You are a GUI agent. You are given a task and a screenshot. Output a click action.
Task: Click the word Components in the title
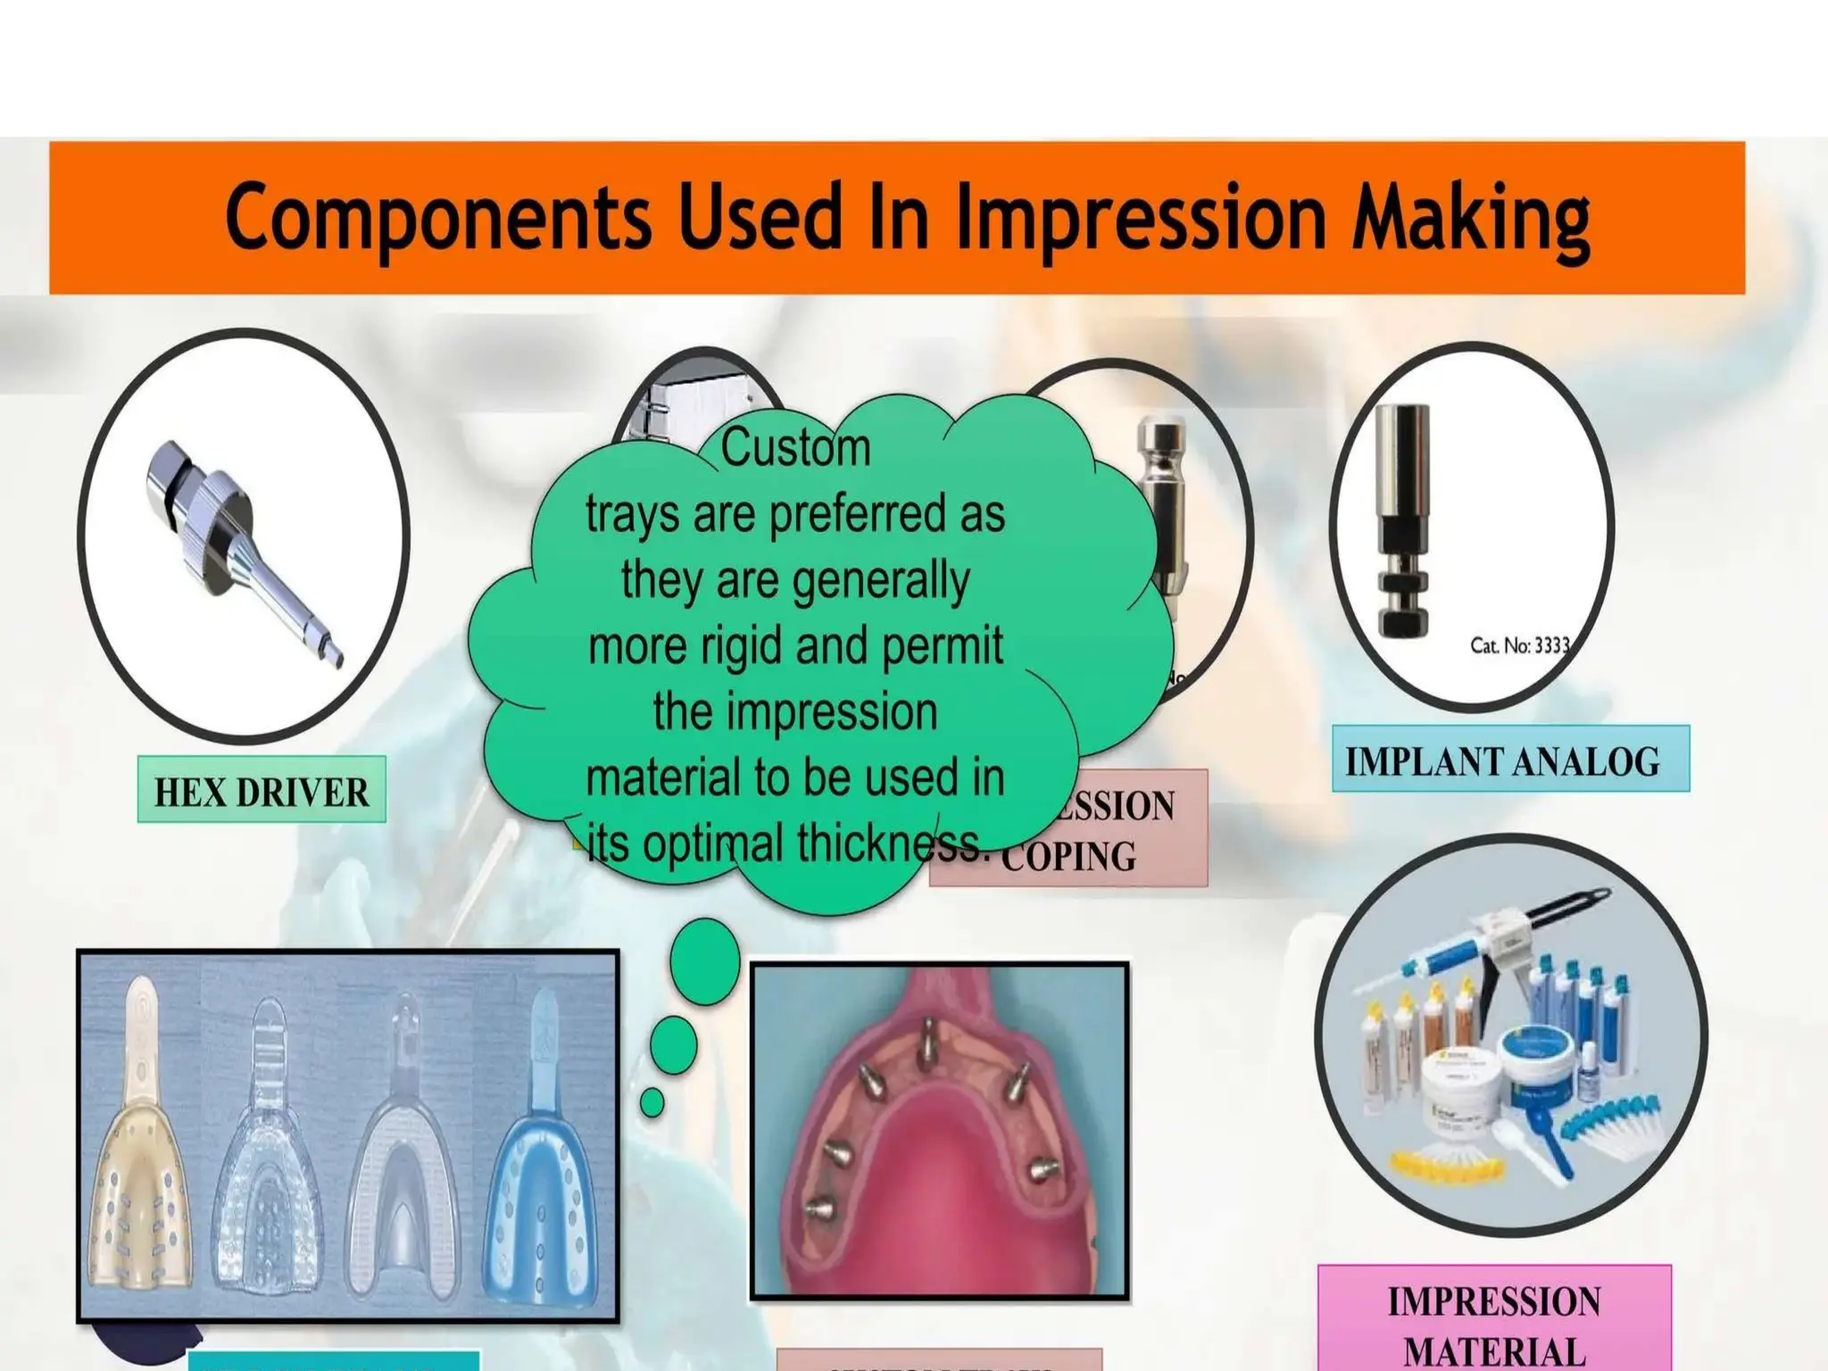pos(437,217)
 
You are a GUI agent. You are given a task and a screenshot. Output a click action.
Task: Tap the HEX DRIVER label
pos(262,791)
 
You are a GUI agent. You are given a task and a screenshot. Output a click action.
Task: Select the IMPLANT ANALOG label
pos(1509,760)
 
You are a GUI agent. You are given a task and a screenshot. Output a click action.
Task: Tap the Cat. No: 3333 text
pos(1519,645)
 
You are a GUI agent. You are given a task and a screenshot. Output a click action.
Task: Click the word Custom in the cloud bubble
pos(795,447)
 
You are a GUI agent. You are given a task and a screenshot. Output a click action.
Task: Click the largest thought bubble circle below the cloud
pos(705,960)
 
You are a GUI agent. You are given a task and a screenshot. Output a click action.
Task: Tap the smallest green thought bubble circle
pos(652,1101)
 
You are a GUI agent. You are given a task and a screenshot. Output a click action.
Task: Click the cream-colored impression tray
pos(143,1160)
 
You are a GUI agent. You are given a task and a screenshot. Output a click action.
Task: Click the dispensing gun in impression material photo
pos(1517,946)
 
